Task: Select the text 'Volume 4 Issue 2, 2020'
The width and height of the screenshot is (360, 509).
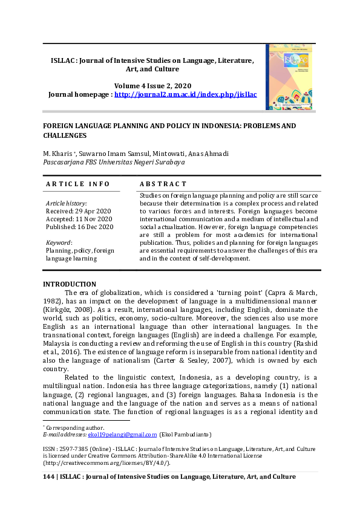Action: (x=152, y=86)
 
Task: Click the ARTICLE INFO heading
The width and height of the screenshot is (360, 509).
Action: (x=78, y=184)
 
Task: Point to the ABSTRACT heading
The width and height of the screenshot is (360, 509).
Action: (x=163, y=184)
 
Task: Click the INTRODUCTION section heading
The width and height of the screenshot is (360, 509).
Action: (x=69, y=284)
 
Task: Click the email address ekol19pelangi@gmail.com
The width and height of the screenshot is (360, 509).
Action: (x=122, y=434)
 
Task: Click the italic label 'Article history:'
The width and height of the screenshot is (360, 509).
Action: (x=67, y=203)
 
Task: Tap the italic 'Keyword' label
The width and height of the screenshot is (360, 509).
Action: (x=59, y=242)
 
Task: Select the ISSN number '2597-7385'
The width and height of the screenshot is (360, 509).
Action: (x=76, y=449)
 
